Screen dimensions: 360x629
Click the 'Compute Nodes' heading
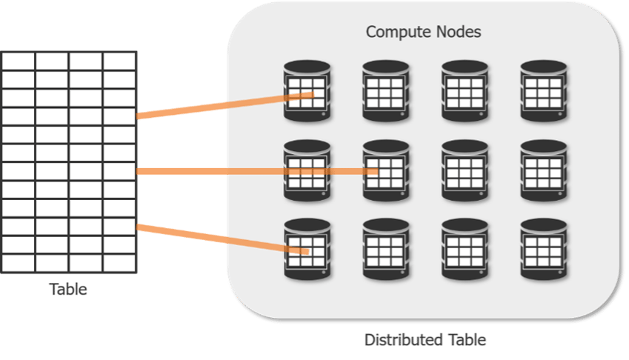(x=424, y=33)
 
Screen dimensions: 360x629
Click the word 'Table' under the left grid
(x=68, y=290)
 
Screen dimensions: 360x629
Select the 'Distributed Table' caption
(x=425, y=340)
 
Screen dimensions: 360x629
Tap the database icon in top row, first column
(x=306, y=91)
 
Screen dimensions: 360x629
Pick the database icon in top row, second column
(x=385, y=91)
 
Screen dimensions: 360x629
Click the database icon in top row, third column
(x=465, y=91)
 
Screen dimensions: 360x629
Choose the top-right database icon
(x=543, y=91)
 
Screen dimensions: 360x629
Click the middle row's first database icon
(x=306, y=170)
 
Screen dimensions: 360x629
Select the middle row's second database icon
(x=385, y=170)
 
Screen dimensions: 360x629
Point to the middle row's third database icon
(x=465, y=170)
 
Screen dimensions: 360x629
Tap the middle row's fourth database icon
(x=543, y=170)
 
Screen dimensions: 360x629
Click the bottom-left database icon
(x=306, y=249)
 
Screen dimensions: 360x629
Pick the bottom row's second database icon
(x=385, y=249)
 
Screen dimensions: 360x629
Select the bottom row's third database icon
(x=465, y=249)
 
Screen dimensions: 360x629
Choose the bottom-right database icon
(x=543, y=249)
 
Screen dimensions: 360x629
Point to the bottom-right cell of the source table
(x=119, y=263)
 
